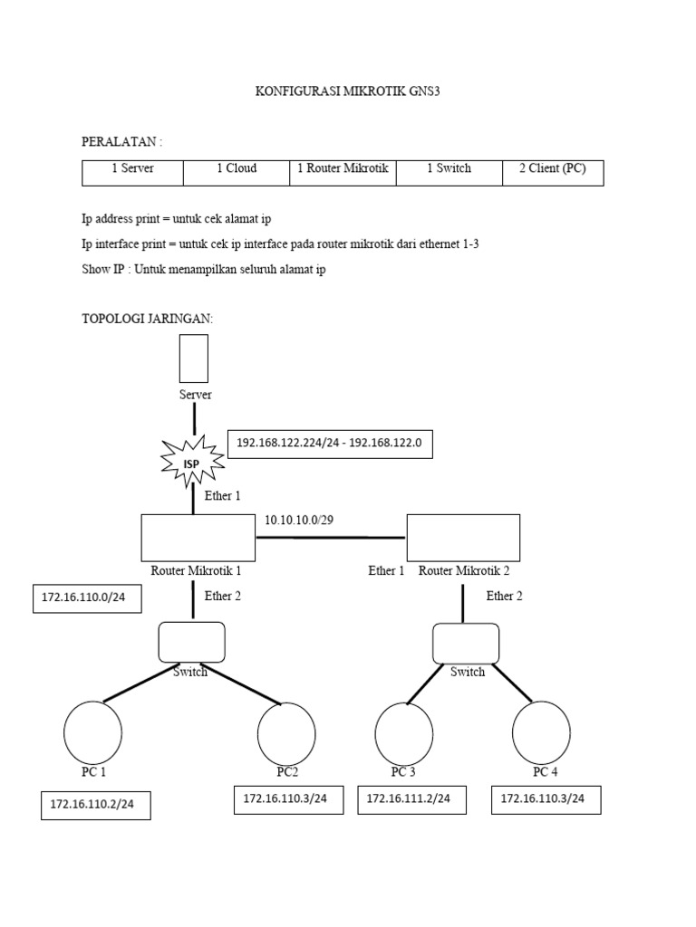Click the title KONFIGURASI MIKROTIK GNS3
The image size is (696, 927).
click(348, 92)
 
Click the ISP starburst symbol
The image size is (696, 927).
click(193, 461)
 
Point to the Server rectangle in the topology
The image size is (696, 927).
click(194, 358)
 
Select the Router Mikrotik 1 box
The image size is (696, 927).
click(198, 538)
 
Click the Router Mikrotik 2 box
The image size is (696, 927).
click(463, 538)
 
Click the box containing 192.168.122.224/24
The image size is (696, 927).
click(330, 444)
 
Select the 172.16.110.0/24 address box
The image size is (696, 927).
click(87, 598)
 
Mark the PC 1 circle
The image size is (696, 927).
click(93, 731)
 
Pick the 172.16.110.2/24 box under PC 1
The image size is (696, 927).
click(96, 805)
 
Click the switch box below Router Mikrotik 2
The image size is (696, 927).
click(466, 643)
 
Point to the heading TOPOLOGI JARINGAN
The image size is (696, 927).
click(147, 319)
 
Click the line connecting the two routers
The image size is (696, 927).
click(331, 537)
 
